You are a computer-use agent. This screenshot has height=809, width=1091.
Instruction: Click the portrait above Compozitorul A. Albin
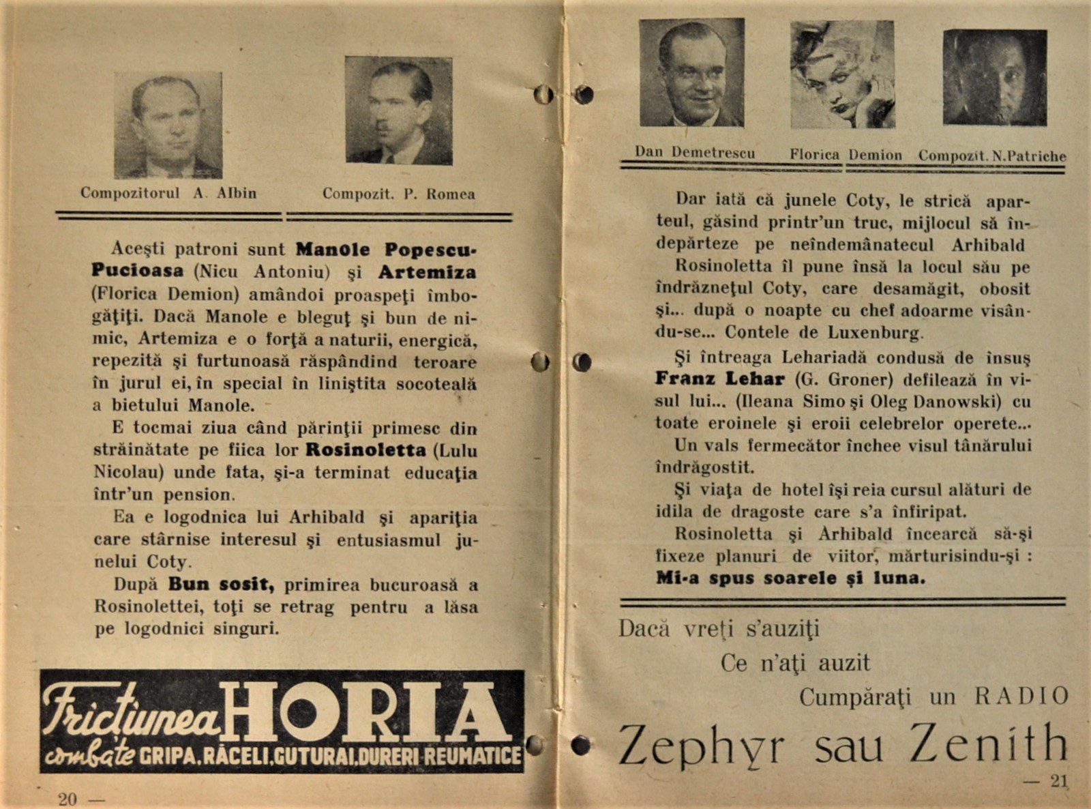(x=168, y=126)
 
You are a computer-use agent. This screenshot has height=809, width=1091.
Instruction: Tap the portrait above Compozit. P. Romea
(x=398, y=111)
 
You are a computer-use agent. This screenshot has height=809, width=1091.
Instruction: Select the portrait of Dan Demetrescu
(x=691, y=73)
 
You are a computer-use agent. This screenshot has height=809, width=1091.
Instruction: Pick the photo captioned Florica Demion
(x=842, y=74)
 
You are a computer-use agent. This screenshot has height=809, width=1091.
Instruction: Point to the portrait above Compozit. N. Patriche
(x=995, y=77)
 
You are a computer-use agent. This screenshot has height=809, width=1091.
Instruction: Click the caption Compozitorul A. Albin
(x=168, y=193)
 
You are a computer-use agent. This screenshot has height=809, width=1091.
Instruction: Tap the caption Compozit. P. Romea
(x=398, y=194)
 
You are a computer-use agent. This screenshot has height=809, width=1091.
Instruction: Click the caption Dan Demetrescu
(x=694, y=153)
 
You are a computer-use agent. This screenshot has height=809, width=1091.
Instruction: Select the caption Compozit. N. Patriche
(x=991, y=156)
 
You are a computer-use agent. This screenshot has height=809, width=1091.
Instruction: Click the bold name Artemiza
(x=428, y=272)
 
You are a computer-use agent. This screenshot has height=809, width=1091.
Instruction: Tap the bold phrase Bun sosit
(x=221, y=585)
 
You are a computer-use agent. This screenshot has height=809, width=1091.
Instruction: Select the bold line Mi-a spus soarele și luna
(x=790, y=578)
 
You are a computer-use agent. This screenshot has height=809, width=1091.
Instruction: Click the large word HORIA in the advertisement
(x=368, y=713)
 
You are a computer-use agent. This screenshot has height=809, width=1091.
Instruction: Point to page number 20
(x=68, y=799)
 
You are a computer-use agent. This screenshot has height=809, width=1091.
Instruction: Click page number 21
(x=1058, y=782)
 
